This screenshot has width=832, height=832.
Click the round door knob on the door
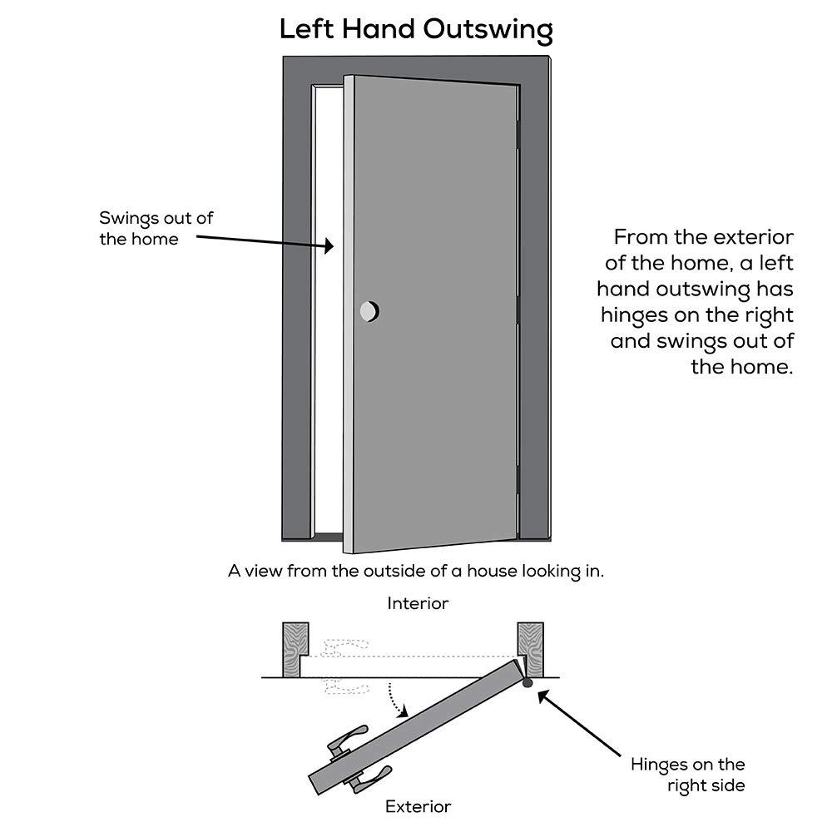(369, 311)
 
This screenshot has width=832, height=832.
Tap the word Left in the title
(305, 29)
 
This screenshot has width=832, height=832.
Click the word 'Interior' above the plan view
(418, 603)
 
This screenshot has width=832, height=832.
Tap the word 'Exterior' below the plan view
(418, 806)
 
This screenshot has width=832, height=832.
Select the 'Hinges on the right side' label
(687, 775)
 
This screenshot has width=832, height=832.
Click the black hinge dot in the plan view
(527, 683)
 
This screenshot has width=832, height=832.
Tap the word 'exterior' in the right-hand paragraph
(755, 237)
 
